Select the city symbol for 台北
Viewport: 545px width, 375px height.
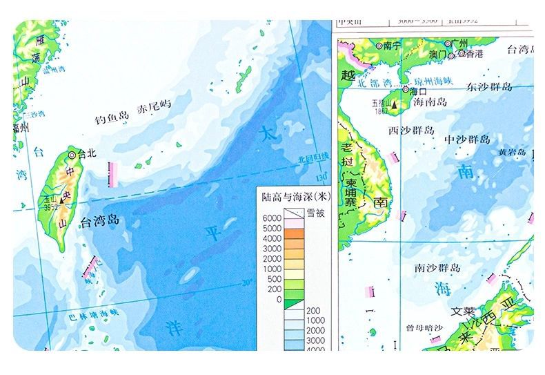click(72, 154)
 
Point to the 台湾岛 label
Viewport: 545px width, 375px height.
click(100, 222)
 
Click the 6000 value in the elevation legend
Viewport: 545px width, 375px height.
click(272, 218)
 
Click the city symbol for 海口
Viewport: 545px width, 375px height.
click(406, 90)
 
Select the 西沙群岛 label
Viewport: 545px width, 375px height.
click(411, 130)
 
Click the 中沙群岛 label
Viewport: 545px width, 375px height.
click(471, 140)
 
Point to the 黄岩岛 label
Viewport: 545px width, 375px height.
click(512, 152)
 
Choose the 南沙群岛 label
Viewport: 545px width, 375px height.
click(437, 267)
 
